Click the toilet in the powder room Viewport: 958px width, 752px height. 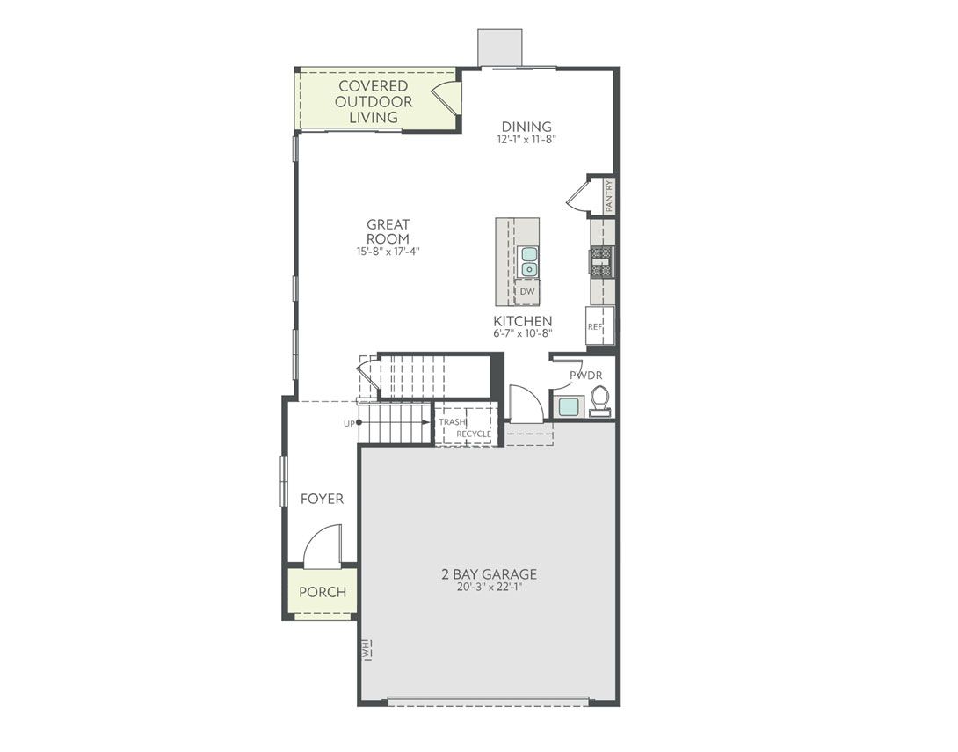click(x=600, y=400)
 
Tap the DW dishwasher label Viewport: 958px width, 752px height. click(x=527, y=291)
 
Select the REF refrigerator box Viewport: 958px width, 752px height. click(x=596, y=326)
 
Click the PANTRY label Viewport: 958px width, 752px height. click(x=609, y=195)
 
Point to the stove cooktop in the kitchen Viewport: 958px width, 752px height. click(x=601, y=261)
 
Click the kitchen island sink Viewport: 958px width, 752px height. click(x=529, y=261)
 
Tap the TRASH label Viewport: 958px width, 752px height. click(x=453, y=422)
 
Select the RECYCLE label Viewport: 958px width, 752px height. click(x=474, y=434)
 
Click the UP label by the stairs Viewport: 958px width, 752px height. click(x=349, y=424)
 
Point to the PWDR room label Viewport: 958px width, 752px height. click(x=585, y=376)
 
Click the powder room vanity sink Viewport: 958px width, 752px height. click(x=569, y=406)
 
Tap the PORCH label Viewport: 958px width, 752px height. click(x=323, y=592)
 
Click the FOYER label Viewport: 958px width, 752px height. click(x=322, y=499)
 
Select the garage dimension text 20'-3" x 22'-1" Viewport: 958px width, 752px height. click(x=489, y=588)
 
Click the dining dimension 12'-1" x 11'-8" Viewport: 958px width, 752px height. click(x=526, y=139)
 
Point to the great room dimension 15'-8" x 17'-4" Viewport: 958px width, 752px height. click(x=388, y=252)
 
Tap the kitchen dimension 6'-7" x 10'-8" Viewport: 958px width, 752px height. click(x=522, y=333)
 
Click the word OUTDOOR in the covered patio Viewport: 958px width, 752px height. click(x=374, y=101)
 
